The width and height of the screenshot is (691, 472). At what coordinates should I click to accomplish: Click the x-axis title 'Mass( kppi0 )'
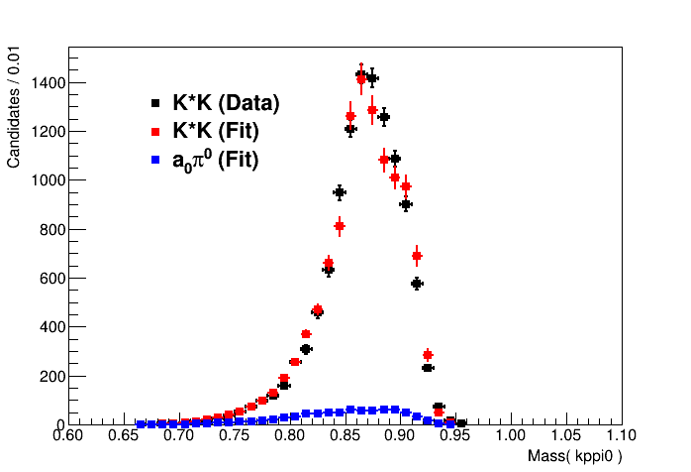pyautogui.click(x=576, y=456)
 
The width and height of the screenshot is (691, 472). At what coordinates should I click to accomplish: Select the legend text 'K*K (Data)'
pyautogui.click(x=226, y=102)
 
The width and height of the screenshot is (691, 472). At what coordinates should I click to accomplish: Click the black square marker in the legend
pyautogui.click(x=155, y=102)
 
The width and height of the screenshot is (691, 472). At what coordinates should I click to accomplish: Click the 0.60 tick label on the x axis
pyautogui.click(x=68, y=434)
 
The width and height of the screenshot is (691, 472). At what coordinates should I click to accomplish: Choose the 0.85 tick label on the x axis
pyautogui.click(x=345, y=434)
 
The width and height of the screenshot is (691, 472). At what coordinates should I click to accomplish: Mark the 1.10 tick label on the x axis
pyautogui.click(x=621, y=434)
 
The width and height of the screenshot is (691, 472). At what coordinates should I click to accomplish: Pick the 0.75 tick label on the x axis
pyautogui.click(x=235, y=434)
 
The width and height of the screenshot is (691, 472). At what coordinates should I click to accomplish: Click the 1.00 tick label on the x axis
pyautogui.click(x=511, y=434)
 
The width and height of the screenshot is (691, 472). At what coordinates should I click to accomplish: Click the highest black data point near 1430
pyautogui.click(x=361, y=74)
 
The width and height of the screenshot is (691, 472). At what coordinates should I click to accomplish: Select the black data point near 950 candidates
pyautogui.click(x=339, y=192)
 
